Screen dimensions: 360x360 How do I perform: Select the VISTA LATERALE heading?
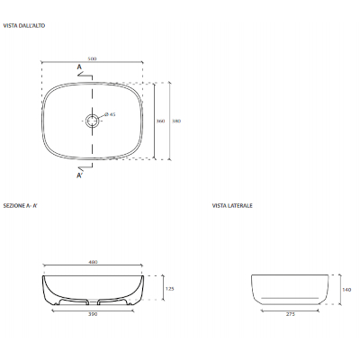point(232,205)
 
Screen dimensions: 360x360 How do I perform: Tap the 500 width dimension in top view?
point(93,58)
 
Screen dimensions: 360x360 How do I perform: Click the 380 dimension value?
point(177,120)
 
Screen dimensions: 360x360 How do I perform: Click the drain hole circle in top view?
point(93,120)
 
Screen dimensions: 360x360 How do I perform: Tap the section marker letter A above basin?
point(79,68)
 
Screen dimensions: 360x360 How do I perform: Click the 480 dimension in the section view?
point(93,262)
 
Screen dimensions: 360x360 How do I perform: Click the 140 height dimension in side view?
point(346,289)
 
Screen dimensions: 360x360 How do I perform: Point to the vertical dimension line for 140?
point(335,289)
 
